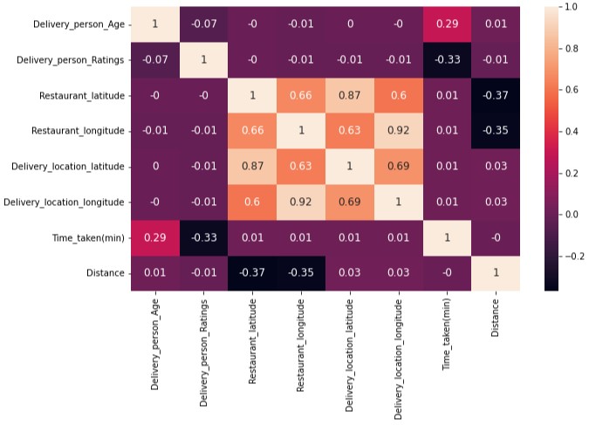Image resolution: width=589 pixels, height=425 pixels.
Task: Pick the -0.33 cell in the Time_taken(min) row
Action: click(203, 238)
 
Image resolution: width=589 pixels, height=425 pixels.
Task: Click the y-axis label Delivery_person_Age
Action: click(78, 24)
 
